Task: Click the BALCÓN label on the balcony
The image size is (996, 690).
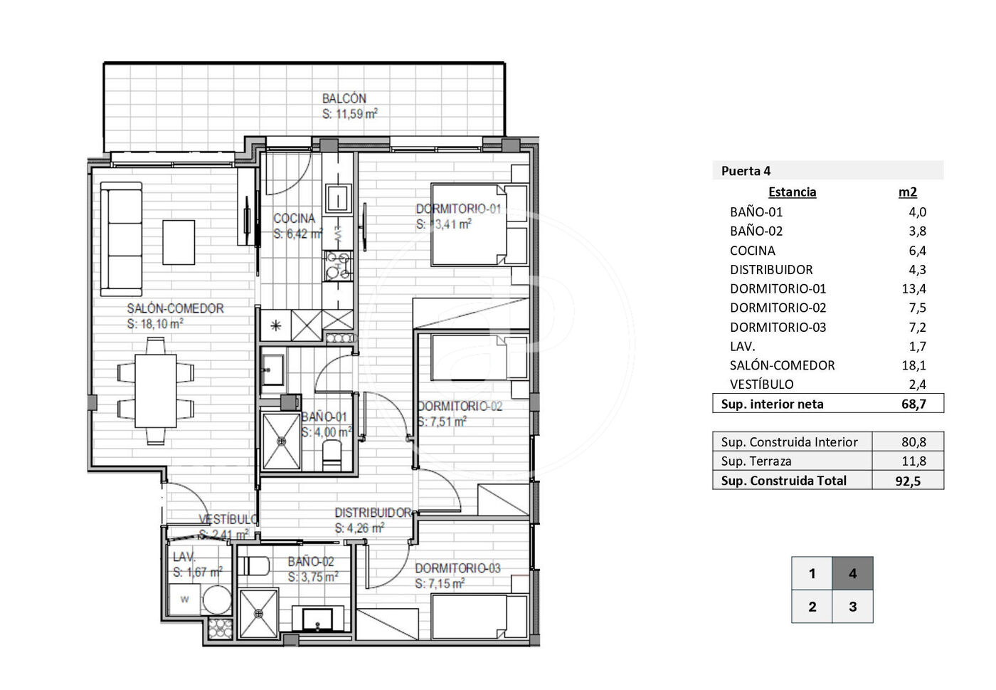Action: (344, 98)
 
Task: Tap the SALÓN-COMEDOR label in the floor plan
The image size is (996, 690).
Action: (175, 308)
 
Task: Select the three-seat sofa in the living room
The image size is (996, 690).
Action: (122, 239)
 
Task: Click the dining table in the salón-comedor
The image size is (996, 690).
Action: (156, 390)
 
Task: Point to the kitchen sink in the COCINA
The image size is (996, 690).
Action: (337, 198)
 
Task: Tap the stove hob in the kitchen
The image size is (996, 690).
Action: (339, 266)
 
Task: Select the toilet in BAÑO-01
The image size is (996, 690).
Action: (332, 455)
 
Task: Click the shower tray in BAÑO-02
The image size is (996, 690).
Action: (258, 614)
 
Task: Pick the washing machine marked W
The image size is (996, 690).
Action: (184, 599)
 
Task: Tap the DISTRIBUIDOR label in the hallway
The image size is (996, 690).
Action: (373, 513)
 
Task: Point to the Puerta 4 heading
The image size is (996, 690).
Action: (746, 171)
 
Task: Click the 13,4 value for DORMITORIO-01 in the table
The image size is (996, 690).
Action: (913, 288)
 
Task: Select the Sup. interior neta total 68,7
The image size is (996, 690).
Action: (913, 404)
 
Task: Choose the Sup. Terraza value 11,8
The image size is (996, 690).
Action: (913, 461)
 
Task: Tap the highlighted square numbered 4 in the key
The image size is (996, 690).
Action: (852, 573)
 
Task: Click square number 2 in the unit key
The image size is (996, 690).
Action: (812, 606)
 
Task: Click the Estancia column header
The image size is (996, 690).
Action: (792, 192)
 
